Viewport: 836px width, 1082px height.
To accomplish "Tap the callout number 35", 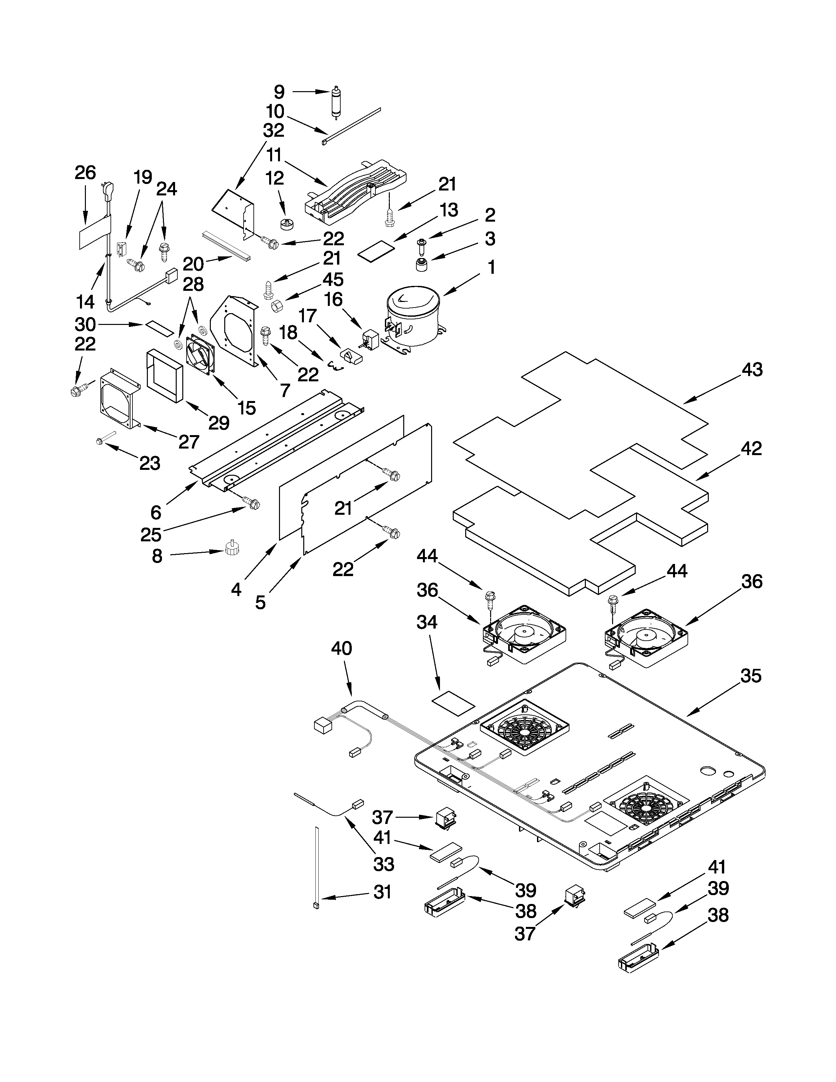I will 750,676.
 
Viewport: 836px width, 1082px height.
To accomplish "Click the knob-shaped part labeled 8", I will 230,548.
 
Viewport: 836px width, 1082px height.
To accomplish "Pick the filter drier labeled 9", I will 336,102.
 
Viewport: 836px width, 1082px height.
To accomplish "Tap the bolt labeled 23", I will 106,438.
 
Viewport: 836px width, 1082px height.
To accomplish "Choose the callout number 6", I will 156,511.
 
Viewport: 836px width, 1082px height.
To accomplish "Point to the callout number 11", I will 274,155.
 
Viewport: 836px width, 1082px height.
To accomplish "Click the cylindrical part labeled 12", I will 286,224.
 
